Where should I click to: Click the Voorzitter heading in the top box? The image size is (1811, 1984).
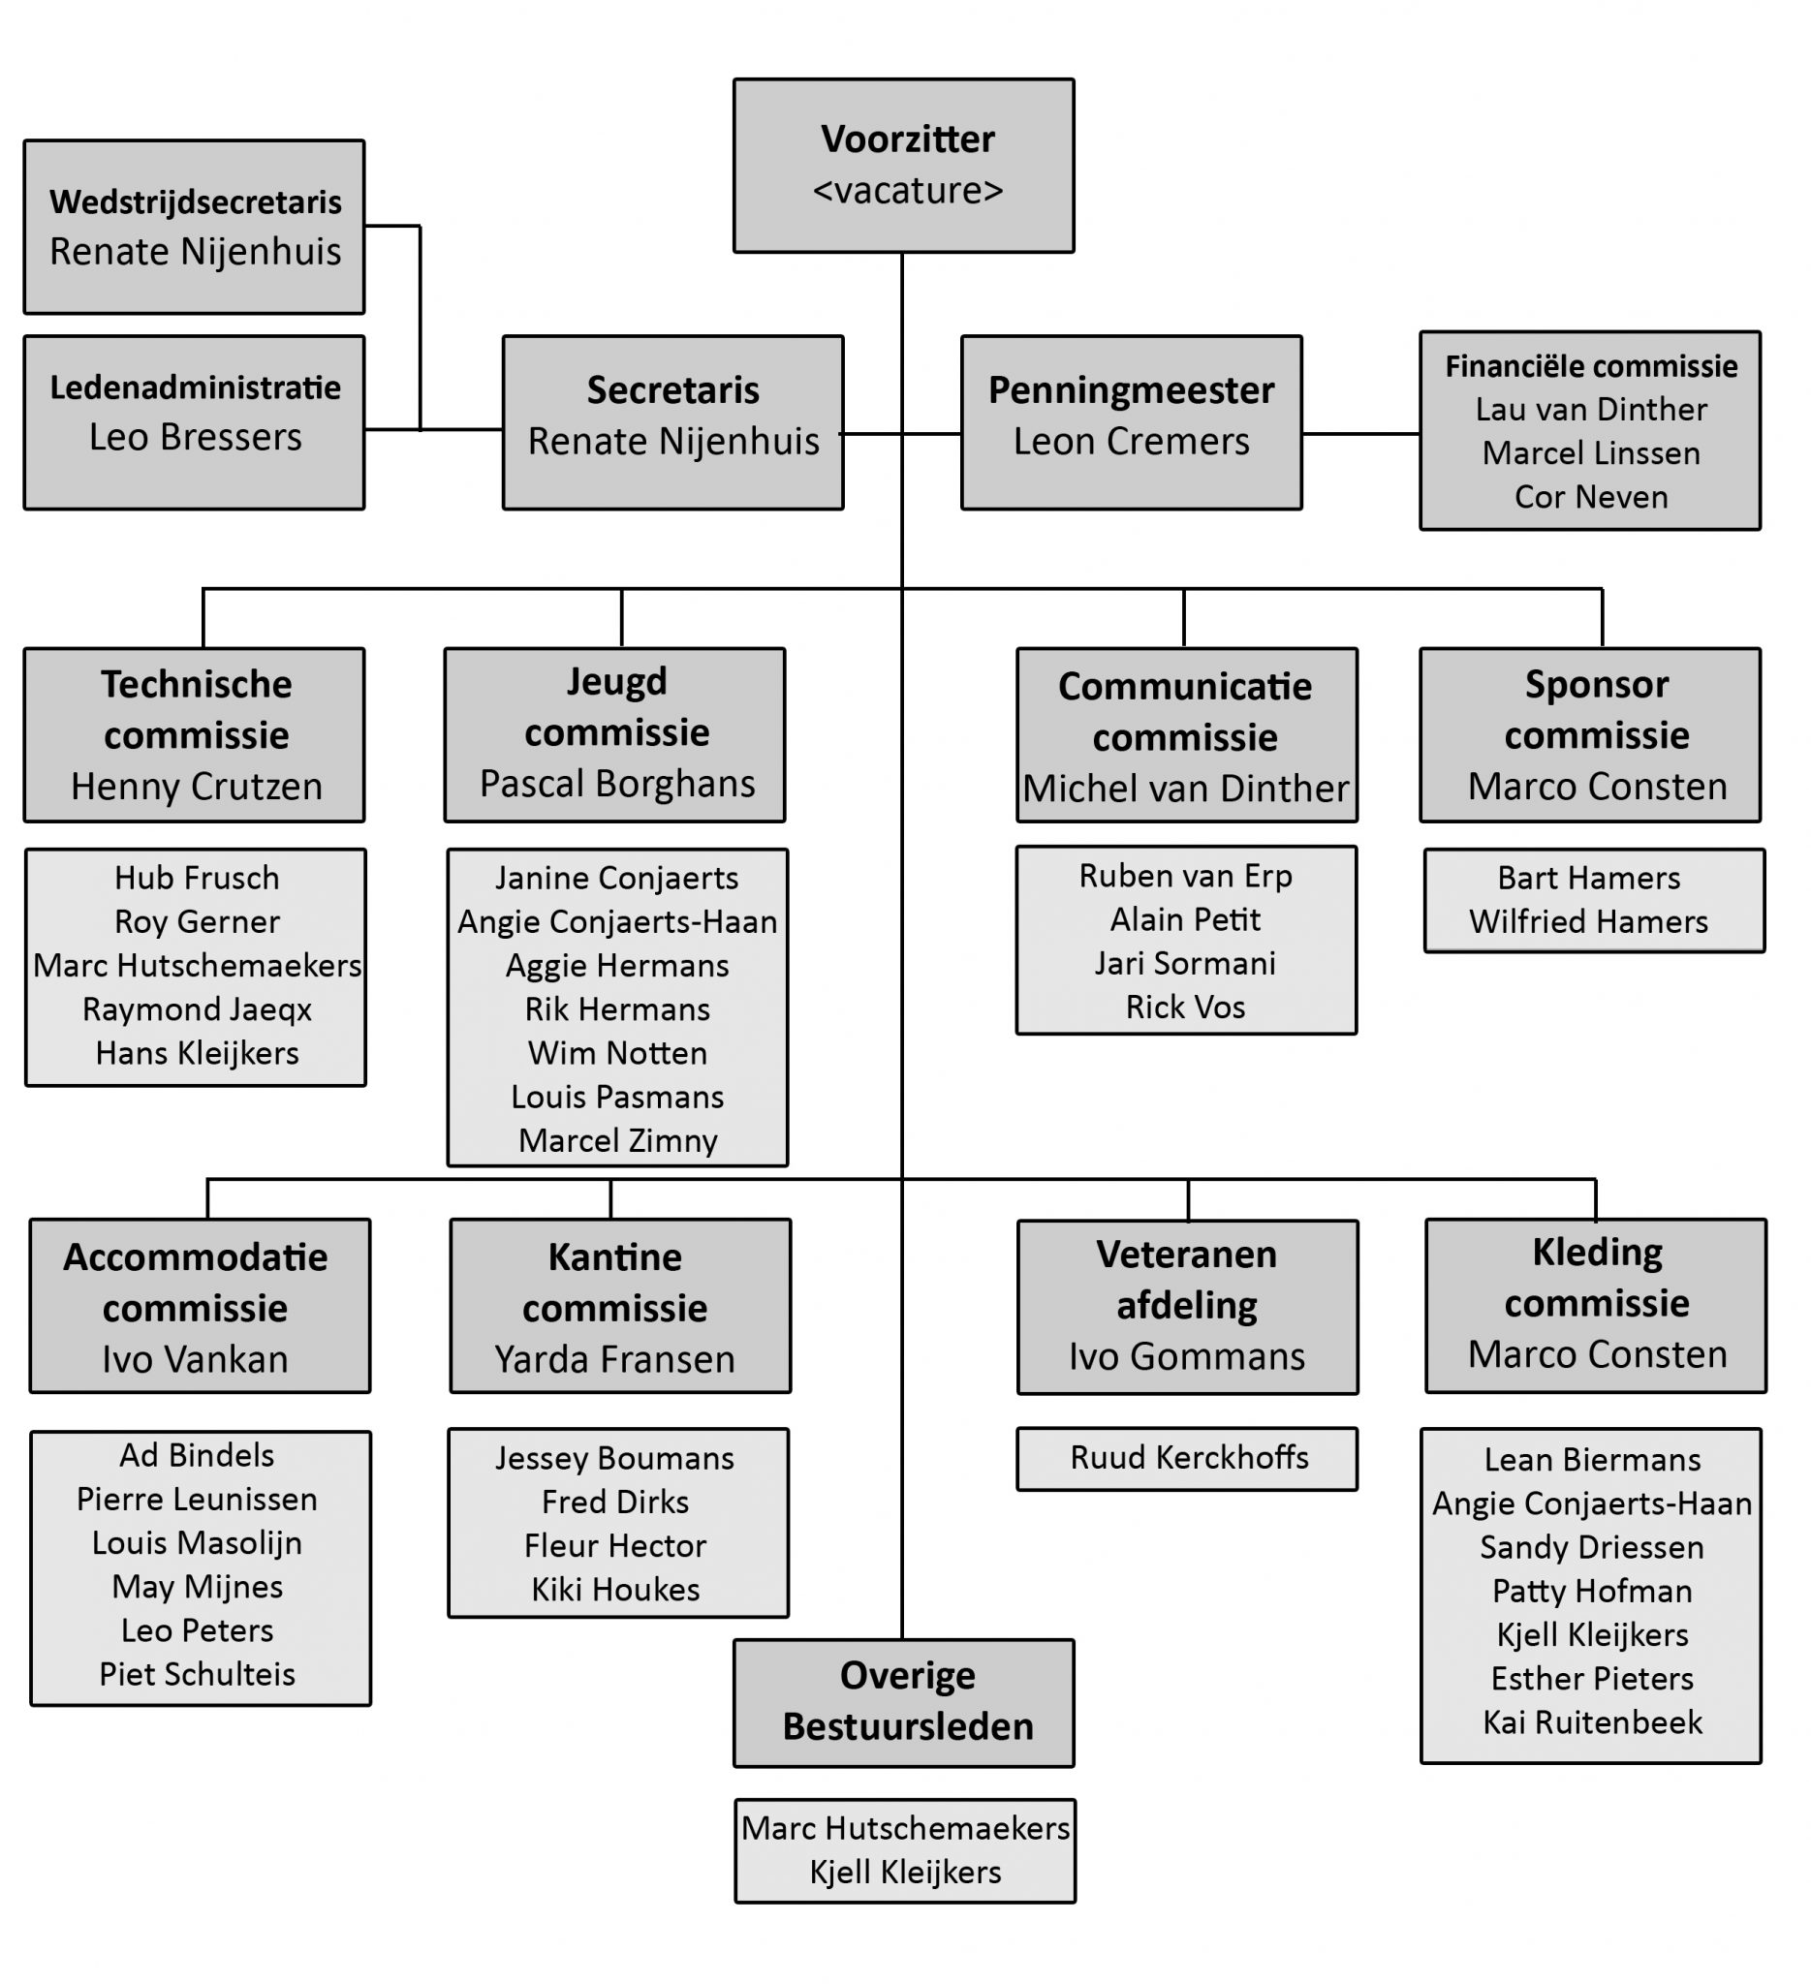click(907, 139)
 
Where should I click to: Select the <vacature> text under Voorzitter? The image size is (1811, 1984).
click(907, 191)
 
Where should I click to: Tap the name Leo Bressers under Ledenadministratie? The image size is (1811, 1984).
click(195, 437)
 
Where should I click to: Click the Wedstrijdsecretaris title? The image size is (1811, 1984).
click(195, 201)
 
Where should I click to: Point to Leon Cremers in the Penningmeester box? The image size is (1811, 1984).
click(1131, 442)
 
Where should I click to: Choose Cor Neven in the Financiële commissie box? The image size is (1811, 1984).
click(1590, 497)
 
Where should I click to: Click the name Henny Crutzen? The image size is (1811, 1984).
click(196, 788)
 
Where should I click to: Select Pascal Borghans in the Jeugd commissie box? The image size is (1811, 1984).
click(616, 785)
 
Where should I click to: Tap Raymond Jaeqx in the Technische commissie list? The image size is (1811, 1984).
click(196, 1009)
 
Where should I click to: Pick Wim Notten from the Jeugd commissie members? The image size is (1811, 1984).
click(617, 1053)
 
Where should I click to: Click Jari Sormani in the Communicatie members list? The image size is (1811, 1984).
click(1185, 964)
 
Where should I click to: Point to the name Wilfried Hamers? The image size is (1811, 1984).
click(1588, 922)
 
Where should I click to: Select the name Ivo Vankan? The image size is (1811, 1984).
click(195, 1360)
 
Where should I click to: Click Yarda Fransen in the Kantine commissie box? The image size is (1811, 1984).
click(614, 1360)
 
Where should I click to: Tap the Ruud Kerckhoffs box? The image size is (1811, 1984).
click(1189, 1458)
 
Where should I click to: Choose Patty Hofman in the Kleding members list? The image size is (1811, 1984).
click(1591, 1592)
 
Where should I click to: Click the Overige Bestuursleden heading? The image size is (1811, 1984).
click(907, 1700)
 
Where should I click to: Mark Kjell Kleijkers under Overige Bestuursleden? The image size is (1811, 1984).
click(904, 1872)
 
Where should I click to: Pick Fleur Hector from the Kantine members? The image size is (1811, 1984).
click(614, 1546)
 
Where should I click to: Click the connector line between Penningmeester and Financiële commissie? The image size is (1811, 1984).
click(1360, 433)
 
